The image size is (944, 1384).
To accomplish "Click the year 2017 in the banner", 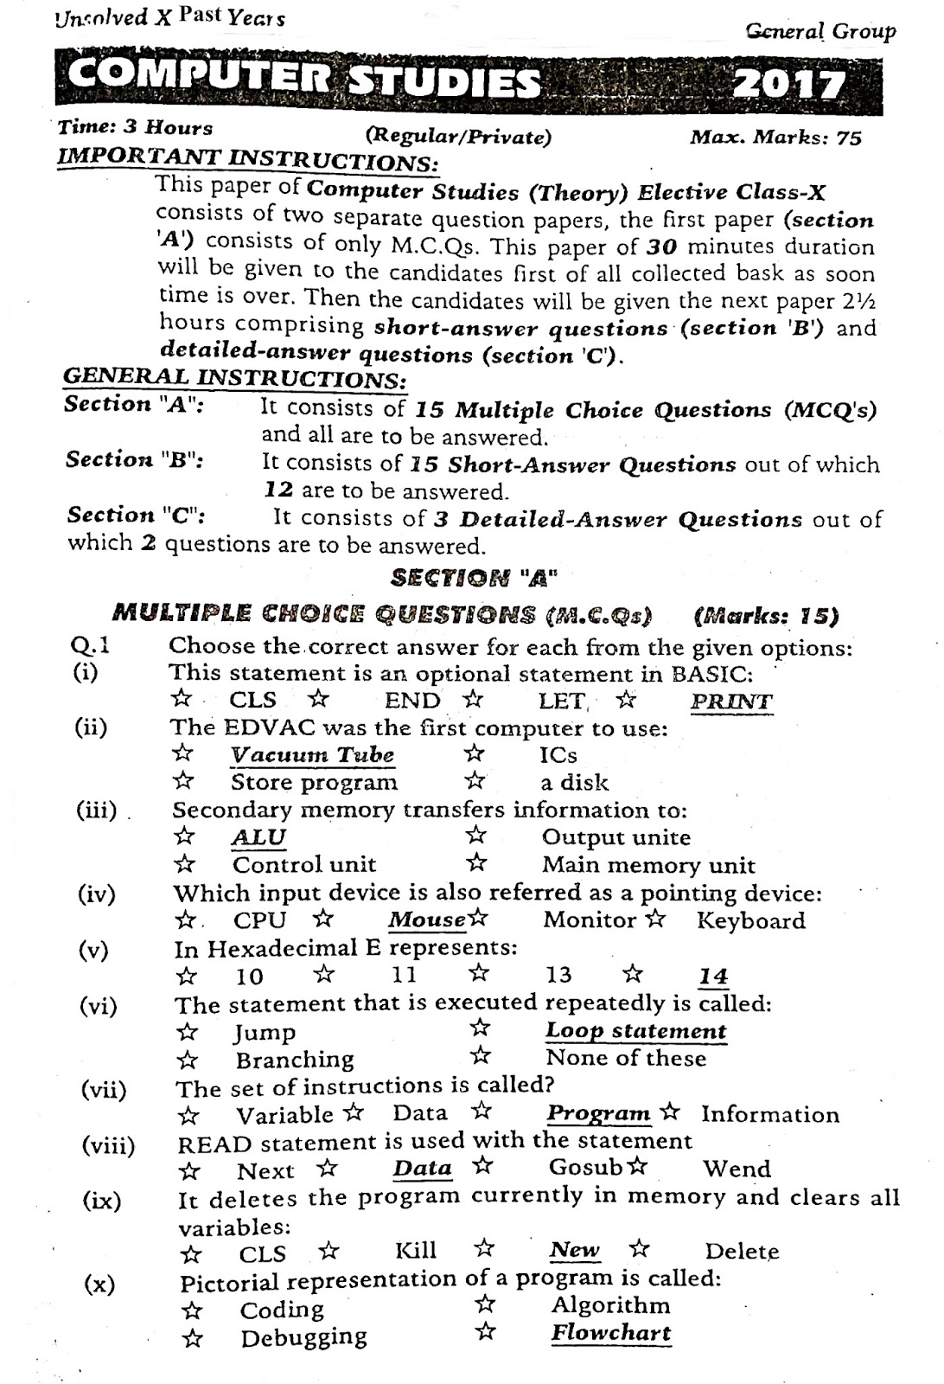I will pos(788,85).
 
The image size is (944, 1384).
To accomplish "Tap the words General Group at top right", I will pos(820,33).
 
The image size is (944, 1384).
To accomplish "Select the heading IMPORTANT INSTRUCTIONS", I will pos(246,160).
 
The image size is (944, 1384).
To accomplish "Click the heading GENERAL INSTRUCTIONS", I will pos(234,379).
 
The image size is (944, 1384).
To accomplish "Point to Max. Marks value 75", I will pos(849,138).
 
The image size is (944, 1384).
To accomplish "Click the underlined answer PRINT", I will pos(730,702).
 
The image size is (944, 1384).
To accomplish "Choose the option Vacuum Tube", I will pos(312,755).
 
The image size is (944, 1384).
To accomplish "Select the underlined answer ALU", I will pos(258,837).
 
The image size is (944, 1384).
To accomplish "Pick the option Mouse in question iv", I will pos(426,920).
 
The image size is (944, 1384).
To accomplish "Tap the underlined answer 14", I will pos(713,977).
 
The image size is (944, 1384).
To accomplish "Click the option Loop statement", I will pos(635,1031).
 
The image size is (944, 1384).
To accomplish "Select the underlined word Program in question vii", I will pos(598,1114).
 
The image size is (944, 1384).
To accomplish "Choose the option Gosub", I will pos(585,1168).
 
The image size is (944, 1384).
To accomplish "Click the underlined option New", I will pos(574,1251).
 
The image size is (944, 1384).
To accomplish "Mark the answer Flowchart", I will pos(610,1333).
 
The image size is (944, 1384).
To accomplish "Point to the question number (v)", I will pos(94,951).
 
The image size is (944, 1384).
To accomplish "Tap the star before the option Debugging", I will pos(194,1339).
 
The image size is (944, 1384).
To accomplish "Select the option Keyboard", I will pos(750,920).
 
